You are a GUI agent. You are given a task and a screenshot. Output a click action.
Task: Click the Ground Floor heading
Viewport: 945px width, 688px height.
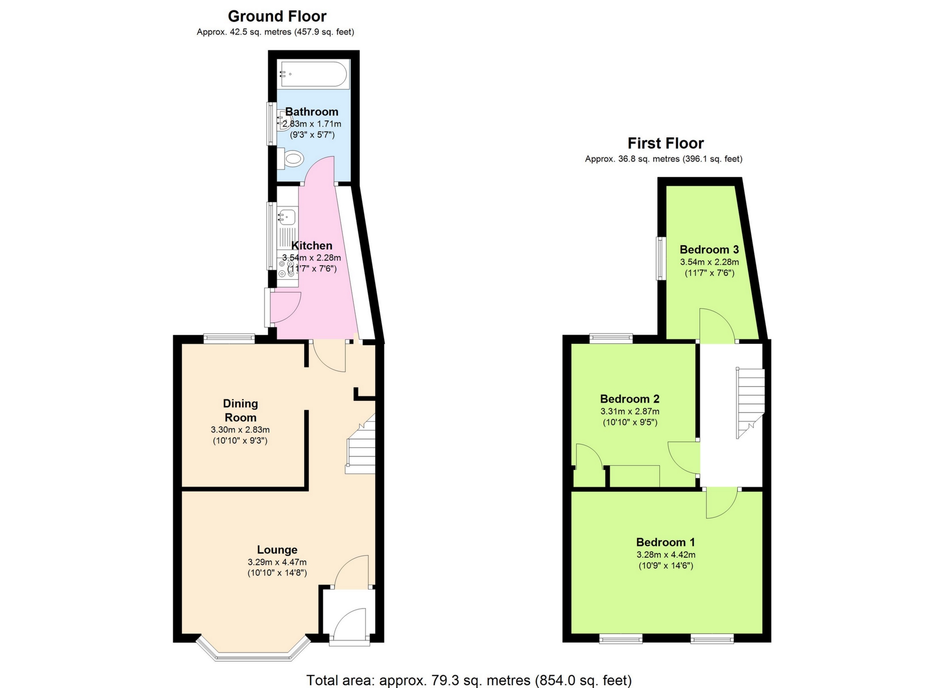click(x=277, y=16)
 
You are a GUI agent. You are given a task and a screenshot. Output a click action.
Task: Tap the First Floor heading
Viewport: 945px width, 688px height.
click(x=665, y=143)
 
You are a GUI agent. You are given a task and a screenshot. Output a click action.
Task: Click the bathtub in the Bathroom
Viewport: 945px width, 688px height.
click(x=313, y=74)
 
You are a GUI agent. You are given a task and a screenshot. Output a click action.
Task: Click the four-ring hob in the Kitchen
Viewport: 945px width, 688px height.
click(x=286, y=269)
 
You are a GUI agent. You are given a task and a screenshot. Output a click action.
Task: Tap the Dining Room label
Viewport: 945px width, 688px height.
click(x=240, y=410)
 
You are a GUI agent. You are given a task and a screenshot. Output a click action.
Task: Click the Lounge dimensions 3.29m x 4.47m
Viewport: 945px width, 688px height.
click(x=277, y=562)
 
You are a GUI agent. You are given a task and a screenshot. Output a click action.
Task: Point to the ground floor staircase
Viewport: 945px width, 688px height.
click(x=362, y=448)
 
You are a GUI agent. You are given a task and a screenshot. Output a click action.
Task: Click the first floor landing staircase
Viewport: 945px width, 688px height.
click(x=750, y=402)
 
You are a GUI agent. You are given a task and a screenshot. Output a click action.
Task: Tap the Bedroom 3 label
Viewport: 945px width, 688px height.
click(x=709, y=249)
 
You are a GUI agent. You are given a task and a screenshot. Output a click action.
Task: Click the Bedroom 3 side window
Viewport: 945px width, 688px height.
click(x=660, y=258)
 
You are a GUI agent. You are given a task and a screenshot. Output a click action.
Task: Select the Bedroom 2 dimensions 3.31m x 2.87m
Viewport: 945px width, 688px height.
click(x=630, y=411)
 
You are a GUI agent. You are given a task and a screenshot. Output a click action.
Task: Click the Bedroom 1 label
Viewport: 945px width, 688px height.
click(x=665, y=542)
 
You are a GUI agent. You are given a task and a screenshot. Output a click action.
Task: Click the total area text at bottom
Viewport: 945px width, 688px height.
click(x=469, y=680)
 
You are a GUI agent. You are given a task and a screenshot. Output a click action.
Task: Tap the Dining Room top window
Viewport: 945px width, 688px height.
click(x=229, y=339)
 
